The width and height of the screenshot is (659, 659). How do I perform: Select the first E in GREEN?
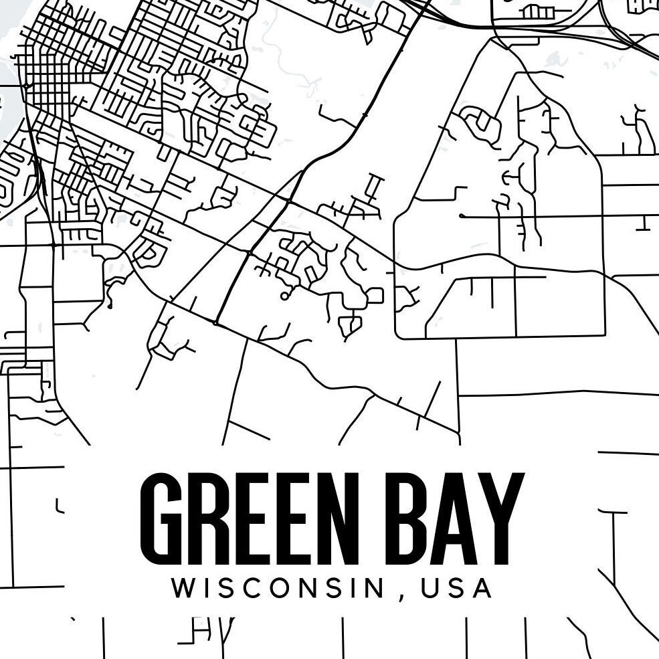point(254,518)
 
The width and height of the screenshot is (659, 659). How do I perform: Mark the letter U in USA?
point(432,588)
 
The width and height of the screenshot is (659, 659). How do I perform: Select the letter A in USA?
point(482,588)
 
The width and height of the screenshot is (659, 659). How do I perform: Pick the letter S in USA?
point(457,588)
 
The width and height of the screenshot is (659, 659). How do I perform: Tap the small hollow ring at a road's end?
point(284,295)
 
